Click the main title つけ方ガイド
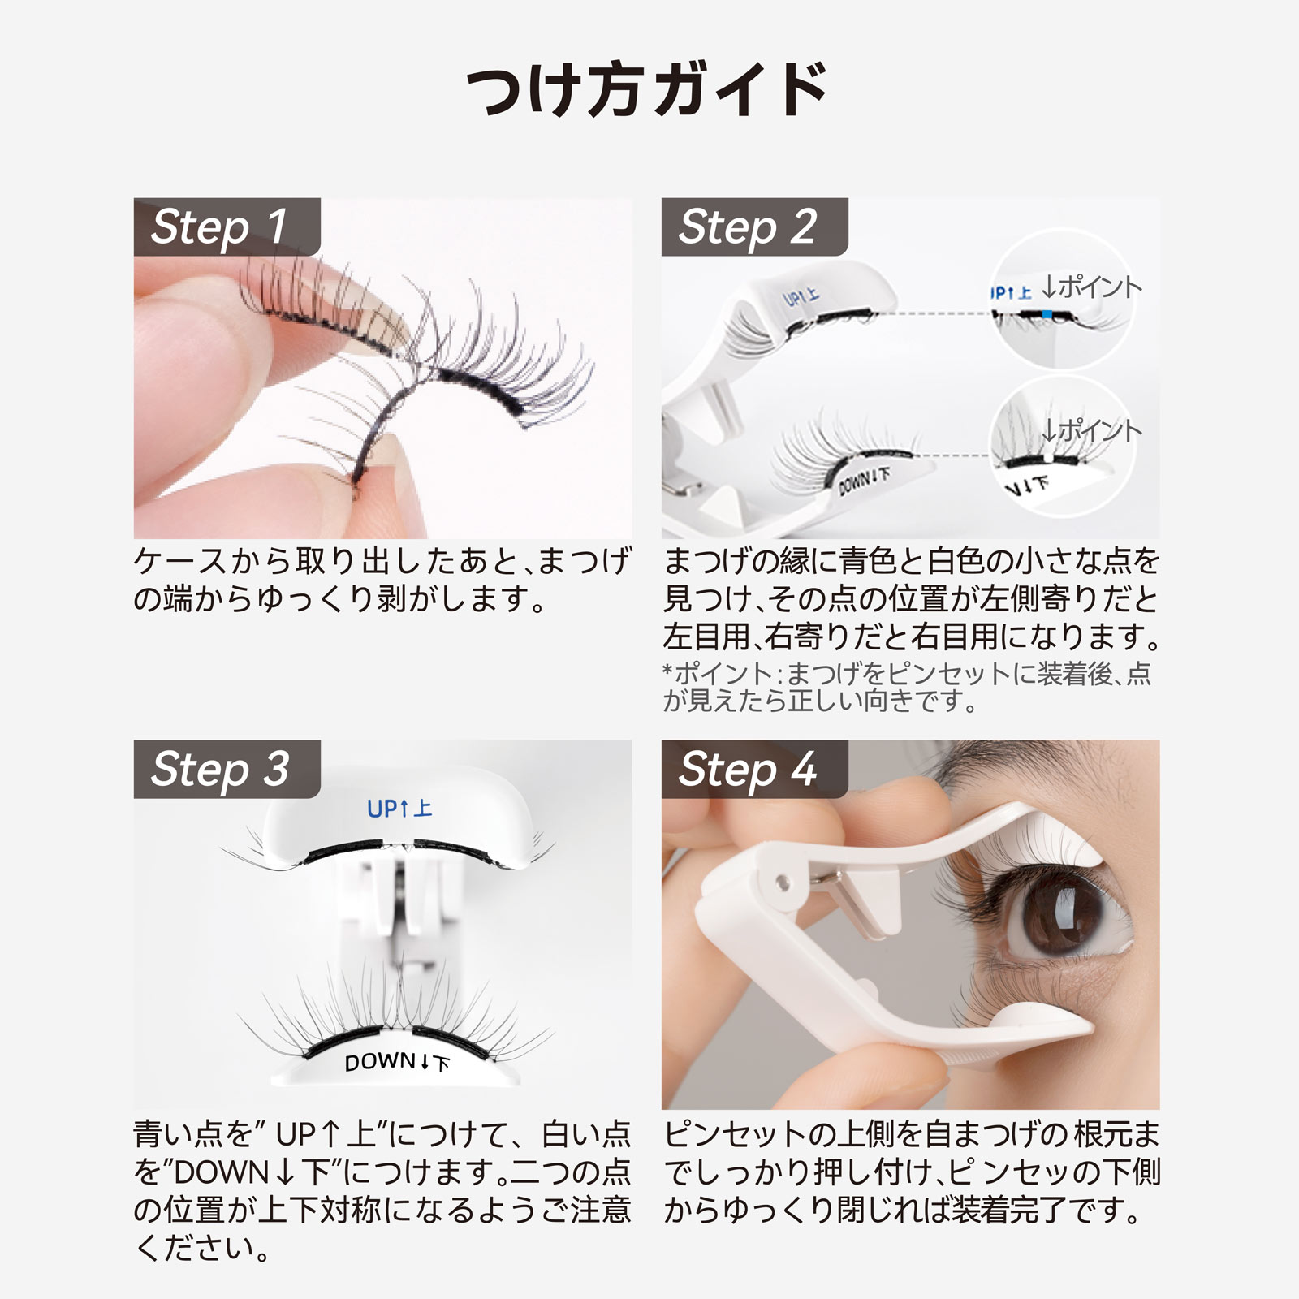648,89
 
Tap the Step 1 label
219,227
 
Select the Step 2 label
747,227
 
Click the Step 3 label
219,769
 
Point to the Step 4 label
747,769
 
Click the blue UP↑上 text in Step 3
399,809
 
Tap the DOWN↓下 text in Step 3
396,1062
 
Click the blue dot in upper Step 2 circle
1047,313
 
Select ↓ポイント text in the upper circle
1091,287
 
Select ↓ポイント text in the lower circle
1091,430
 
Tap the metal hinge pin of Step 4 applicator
783,880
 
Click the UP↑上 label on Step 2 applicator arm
801,298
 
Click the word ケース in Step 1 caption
180,562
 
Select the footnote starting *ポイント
905,686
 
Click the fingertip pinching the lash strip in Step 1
382,471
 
